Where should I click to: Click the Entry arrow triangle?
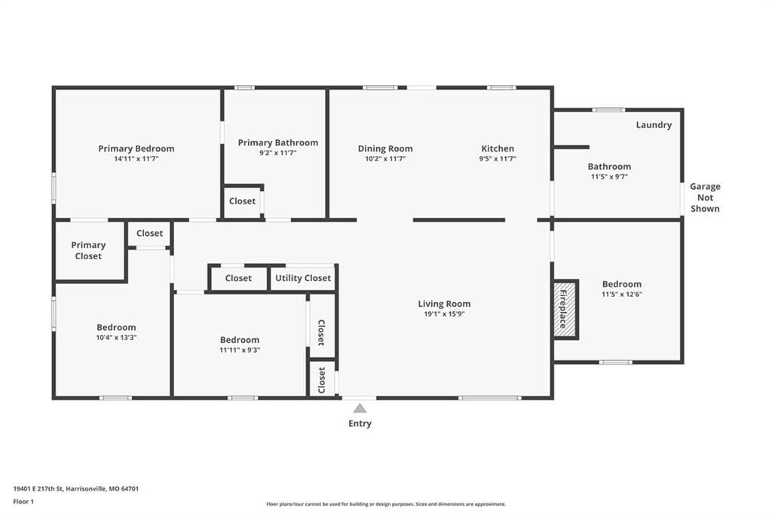(360, 408)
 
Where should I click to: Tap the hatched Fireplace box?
(565, 310)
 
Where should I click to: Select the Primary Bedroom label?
(136, 148)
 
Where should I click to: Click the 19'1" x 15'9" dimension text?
(444, 314)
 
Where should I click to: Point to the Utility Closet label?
(303, 278)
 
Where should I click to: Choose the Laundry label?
(654, 125)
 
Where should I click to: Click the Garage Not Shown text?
(705, 197)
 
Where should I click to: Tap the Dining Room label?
(385, 148)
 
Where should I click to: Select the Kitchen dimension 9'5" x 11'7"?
(498, 159)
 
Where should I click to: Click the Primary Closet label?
(88, 250)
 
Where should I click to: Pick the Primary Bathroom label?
(277, 142)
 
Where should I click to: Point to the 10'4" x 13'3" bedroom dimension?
(116, 338)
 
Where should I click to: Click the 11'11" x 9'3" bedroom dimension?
(240, 350)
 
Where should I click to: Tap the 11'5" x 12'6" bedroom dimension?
(622, 295)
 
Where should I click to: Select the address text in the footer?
(76, 489)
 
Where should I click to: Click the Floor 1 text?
(23, 502)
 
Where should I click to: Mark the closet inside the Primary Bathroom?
(242, 201)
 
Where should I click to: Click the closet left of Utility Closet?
(238, 278)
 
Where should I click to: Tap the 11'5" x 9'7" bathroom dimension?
(609, 177)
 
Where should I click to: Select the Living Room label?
(444, 304)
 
